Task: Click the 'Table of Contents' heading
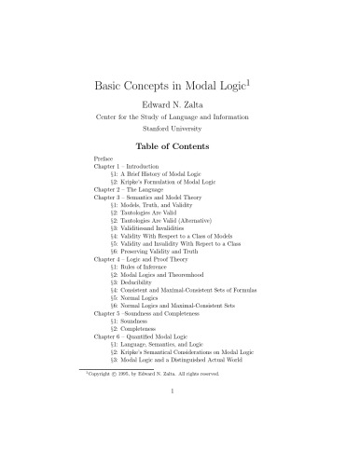tap(179, 146)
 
